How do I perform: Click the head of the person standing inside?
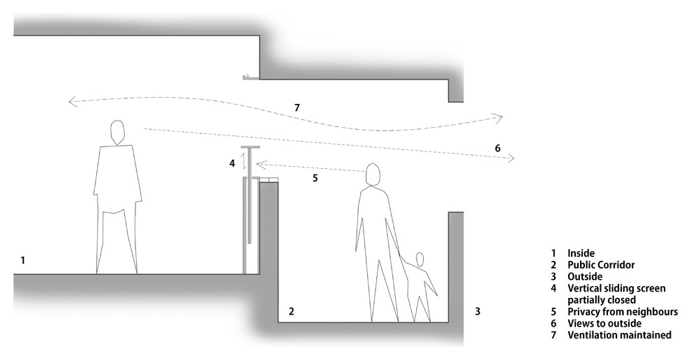(117, 132)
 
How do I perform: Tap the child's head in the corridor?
(419, 259)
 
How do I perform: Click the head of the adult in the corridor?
(373, 175)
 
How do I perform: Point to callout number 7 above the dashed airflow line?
(297, 107)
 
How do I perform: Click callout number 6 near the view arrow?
(498, 148)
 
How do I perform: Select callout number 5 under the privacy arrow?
(315, 179)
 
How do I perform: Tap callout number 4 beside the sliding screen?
(232, 163)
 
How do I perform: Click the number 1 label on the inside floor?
(22, 260)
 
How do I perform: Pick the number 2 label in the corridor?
(291, 311)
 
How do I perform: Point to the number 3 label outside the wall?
(477, 312)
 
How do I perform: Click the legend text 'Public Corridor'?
(601, 265)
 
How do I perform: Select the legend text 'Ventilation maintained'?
(620, 335)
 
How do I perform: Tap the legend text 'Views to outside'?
(604, 324)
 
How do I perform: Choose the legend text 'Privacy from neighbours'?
(623, 312)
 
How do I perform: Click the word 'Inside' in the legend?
(581, 253)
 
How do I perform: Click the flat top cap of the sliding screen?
(250, 147)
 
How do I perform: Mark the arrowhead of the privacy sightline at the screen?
(259, 165)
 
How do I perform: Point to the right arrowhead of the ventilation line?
(499, 117)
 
